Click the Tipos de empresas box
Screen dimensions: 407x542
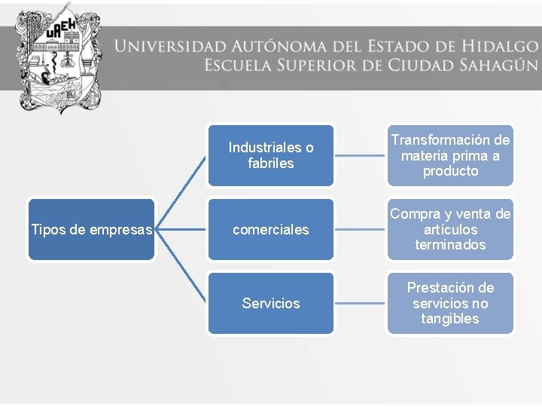tap(91, 229)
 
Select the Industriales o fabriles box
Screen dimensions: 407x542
tap(270, 155)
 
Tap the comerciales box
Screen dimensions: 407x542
tap(270, 229)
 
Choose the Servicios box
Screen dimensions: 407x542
tap(270, 303)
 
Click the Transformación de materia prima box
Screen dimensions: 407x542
tap(450, 155)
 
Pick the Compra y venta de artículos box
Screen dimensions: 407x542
tap(450, 229)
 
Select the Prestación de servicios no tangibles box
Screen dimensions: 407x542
tap(450, 303)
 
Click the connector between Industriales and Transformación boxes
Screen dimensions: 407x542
tap(360, 155)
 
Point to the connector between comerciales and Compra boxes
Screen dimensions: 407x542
tap(360, 229)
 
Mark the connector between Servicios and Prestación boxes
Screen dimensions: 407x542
tap(360, 303)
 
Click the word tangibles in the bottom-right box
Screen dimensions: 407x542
tap(450, 319)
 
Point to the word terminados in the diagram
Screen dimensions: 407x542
tap(450, 245)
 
